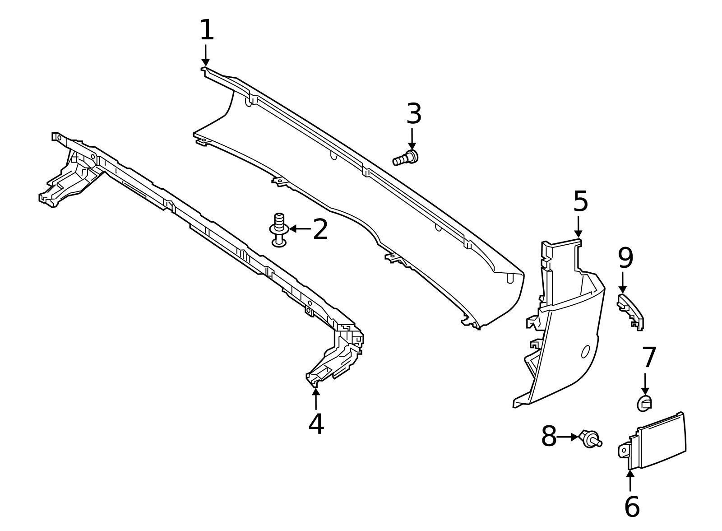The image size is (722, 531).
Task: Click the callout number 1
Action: [206, 30]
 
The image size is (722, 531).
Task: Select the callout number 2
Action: [320, 230]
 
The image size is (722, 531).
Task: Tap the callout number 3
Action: [414, 114]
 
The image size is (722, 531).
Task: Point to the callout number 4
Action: [316, 424]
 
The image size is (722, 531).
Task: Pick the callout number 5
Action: [580, 201]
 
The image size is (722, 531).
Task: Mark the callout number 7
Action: [649, 358]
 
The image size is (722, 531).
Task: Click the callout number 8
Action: [549, 437]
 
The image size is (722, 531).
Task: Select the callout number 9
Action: [625, 259]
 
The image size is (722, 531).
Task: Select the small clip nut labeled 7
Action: [644, 403]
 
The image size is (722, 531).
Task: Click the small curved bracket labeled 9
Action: [631, 311]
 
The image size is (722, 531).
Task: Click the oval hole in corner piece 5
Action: [585, 351]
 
